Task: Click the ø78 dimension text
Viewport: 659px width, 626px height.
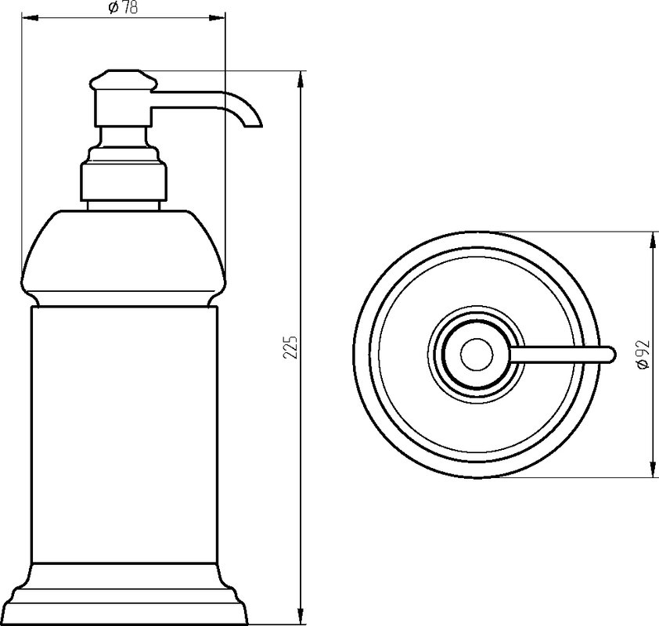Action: point(123,8)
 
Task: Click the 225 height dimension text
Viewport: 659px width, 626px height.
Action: point(290,347)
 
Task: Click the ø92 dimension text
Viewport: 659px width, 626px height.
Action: point(643,354)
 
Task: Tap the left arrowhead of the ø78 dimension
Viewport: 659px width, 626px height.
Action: point(30,18)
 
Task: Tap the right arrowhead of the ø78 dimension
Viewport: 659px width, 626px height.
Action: point(218,18)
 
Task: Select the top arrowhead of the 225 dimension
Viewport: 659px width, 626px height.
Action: point(301,80)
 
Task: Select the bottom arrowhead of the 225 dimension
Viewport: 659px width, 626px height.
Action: point(301,615)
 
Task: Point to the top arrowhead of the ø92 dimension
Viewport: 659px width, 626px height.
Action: point(653,240)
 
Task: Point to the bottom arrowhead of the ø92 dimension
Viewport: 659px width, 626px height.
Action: point(653,469)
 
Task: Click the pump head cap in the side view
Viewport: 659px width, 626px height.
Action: point(123,79)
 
